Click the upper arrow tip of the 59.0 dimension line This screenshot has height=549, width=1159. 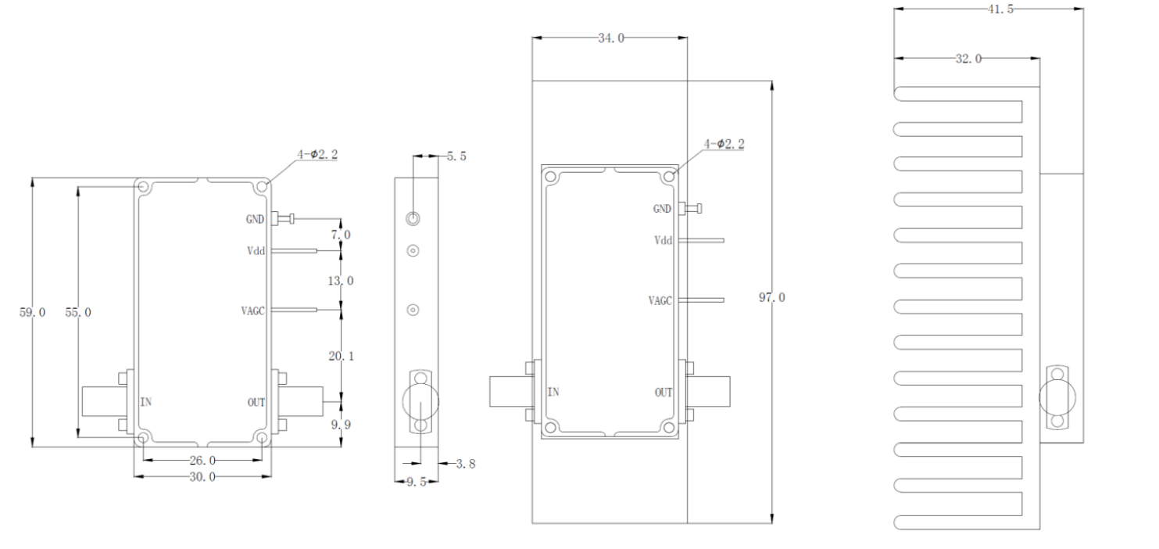click(33, 178)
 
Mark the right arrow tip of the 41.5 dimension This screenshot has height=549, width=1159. click(1083, 9)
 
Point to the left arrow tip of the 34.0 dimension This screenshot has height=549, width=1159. click(532, 38)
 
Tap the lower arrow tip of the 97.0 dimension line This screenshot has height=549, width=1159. click(772, 523)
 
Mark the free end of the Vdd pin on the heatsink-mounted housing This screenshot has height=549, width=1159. click(724, 240)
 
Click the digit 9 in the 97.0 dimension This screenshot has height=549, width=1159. click(763, 297)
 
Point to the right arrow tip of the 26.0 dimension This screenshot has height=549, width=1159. click(263, 459)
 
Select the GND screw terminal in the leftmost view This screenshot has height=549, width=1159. click(283, 218)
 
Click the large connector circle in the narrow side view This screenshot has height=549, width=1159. click(420, 401)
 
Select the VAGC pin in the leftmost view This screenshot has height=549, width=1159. click(294, 310)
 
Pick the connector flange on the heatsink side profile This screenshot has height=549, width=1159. click(1057, 397)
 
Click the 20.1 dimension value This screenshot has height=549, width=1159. click(342, 356)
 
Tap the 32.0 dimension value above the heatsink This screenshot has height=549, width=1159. click(968, 59)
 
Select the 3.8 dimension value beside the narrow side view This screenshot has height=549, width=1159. click(465, 464)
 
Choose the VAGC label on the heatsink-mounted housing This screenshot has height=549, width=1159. click(660, 300)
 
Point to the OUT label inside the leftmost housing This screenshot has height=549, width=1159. click(256, 403)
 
